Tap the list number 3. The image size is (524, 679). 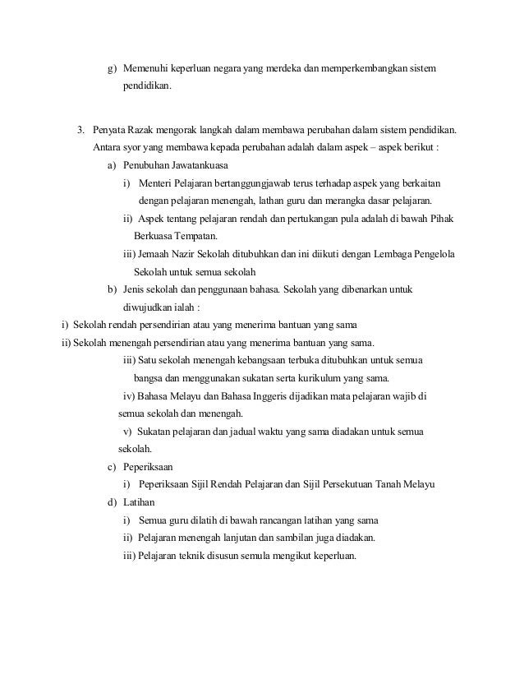tap(80, 130)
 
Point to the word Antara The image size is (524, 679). tap(108, 148)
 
